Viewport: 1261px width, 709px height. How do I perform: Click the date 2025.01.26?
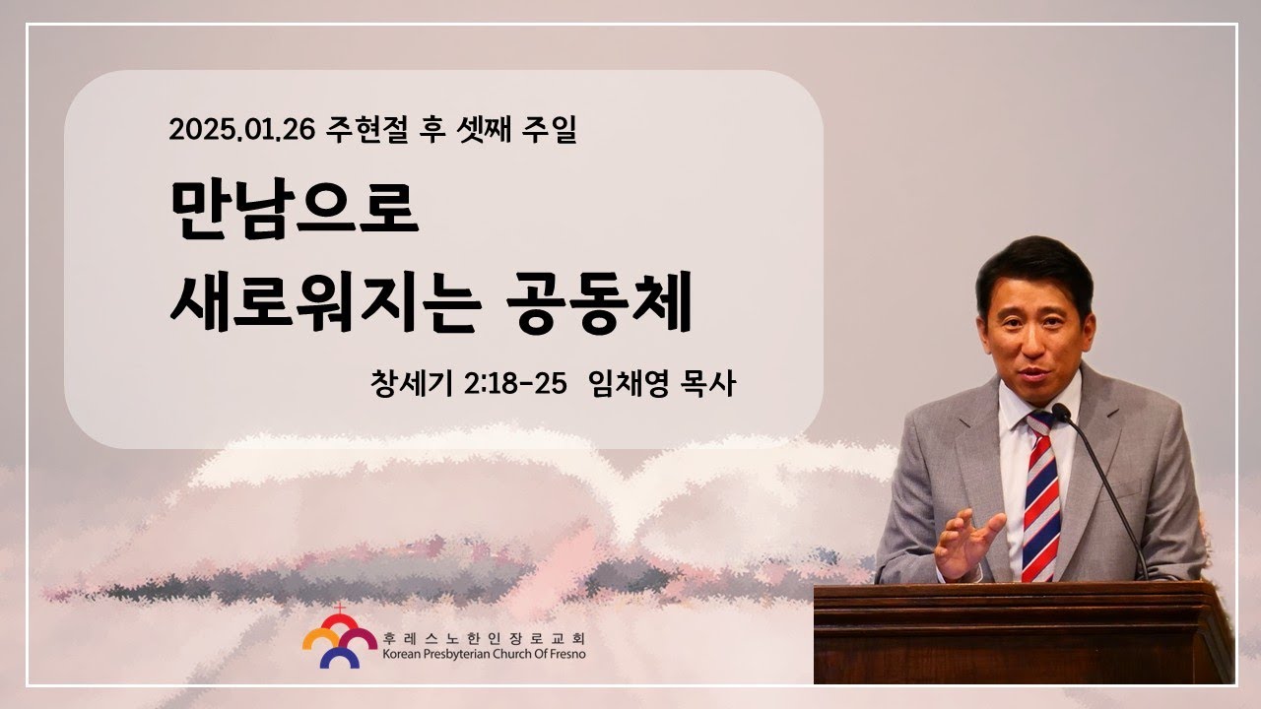(241, 129)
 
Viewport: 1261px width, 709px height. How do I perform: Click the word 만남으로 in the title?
(295, 210)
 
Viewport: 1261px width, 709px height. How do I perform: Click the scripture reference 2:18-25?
(515, 384)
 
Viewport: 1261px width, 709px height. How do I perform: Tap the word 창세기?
(412, 384)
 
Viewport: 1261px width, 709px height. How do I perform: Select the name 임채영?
(628, 384)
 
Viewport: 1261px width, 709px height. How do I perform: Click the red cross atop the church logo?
(339, 609)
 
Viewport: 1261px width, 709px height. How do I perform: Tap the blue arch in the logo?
(340, 657)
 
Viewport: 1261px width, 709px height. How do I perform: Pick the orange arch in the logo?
(320, 637)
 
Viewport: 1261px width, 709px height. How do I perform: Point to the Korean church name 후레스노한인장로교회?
(484, 638)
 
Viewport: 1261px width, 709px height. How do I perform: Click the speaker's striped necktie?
(1041, 495)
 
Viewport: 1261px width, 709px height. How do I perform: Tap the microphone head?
(1061, 413)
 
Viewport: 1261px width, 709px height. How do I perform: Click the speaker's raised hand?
(967, 543)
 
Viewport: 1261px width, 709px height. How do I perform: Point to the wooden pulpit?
(1024, 633)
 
